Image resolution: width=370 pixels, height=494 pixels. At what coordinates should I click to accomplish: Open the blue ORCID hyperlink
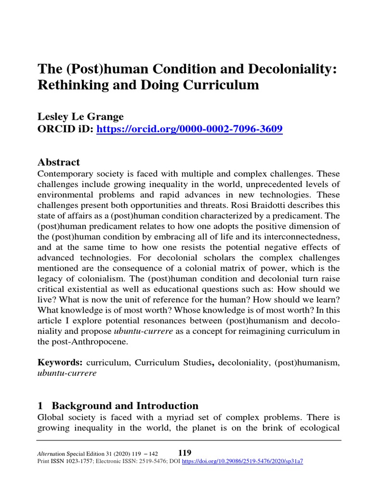pos(189,129)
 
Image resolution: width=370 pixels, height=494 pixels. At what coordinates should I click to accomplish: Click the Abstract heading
pos(59,162)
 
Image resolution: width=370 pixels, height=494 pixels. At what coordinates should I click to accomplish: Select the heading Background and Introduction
pos(125,406)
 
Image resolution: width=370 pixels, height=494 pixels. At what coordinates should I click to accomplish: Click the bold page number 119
pos(185,453)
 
